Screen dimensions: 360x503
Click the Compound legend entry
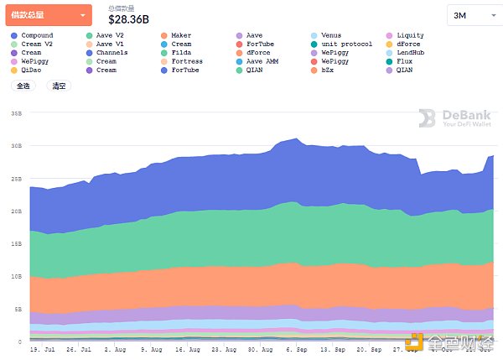37,36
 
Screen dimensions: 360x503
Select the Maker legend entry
180,36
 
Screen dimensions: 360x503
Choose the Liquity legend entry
410,36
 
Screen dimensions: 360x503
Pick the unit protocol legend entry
346,44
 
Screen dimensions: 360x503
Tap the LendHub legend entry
412,53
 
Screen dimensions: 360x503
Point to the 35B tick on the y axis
15,112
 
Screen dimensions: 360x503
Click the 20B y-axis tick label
15,211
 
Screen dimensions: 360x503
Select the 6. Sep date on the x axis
297,347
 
